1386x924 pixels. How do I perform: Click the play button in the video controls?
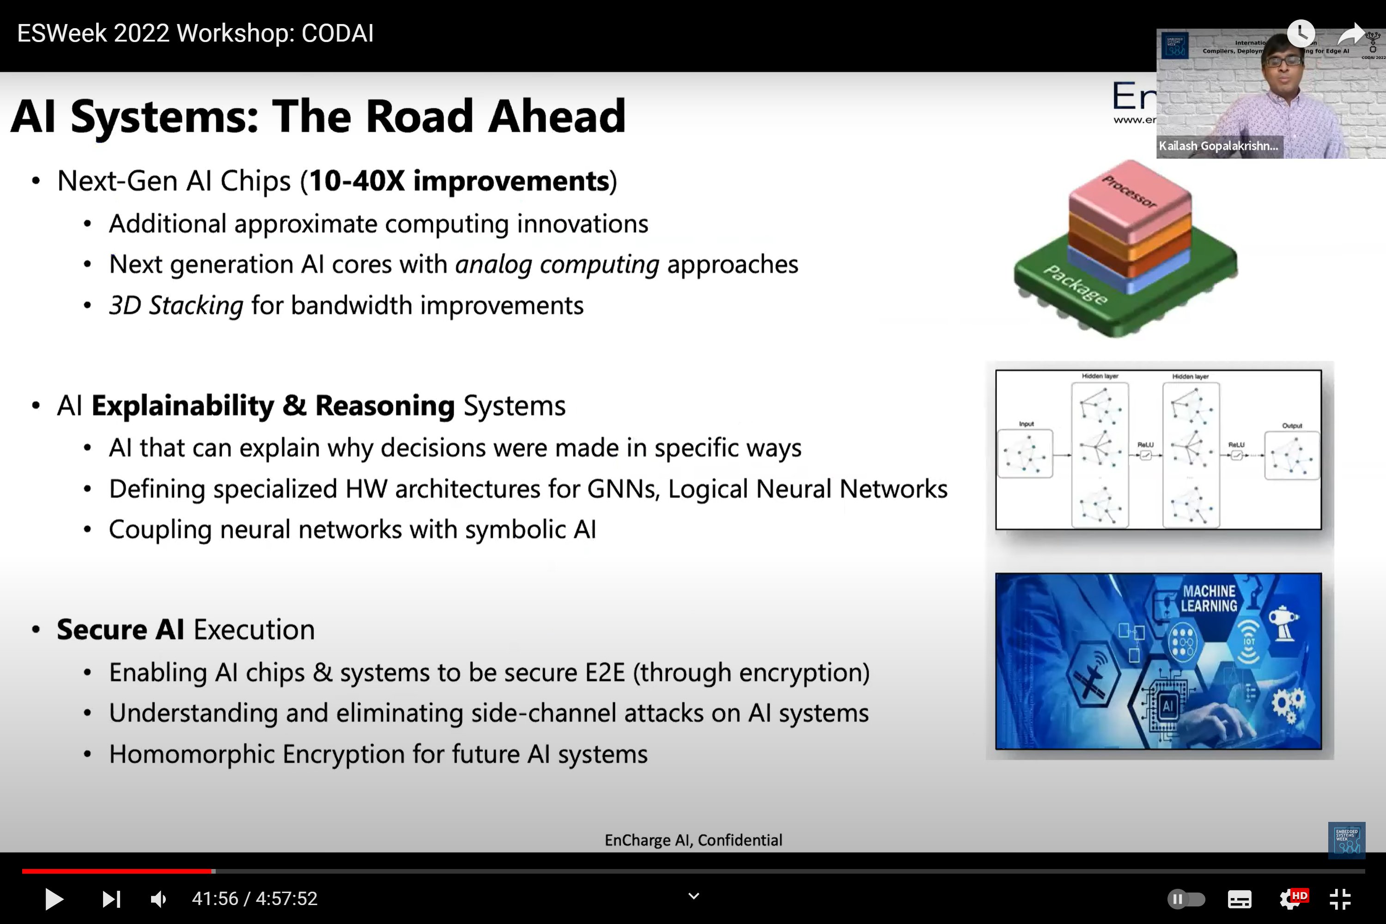[54, 899]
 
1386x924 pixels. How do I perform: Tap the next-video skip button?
[111, 899]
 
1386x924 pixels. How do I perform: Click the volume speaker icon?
[158, 899]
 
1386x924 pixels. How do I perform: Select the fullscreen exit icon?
[1340, 899]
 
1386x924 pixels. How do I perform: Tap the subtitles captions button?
[1239, 899]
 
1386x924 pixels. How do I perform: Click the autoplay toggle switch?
[1185, 899]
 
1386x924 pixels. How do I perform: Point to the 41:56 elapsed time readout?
[214, 899]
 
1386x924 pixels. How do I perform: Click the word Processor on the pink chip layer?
[1129, 192]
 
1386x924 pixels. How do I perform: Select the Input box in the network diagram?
[1025, 454]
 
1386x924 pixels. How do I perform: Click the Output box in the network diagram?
[1292, 456]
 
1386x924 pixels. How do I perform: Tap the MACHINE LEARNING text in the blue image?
[1209, 598]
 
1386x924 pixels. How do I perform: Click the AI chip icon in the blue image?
[1168, 706]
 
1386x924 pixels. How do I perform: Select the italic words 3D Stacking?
[176, 306]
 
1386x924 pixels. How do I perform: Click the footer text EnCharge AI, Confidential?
[693, 840]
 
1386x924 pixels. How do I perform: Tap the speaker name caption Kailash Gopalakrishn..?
[1218, 146]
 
